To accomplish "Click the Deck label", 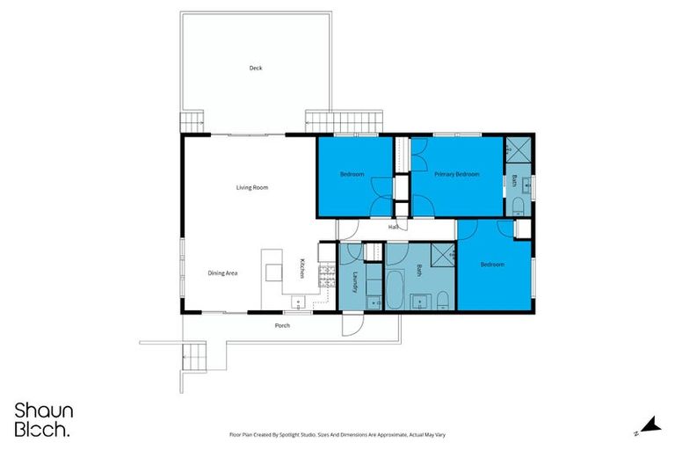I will coord(256,68).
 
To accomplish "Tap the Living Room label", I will coord(251,187).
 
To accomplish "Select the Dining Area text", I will coord(222,272).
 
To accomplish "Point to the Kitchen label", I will coord(302,269).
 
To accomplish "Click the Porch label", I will coord(282,325).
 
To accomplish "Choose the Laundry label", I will coord(355,281).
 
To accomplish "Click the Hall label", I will coord(395,227).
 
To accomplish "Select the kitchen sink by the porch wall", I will coord(299,304).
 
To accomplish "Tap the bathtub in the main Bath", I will coord(396,291).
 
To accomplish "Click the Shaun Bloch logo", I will coord(42,420).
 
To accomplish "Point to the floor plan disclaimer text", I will coord(337,434).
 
